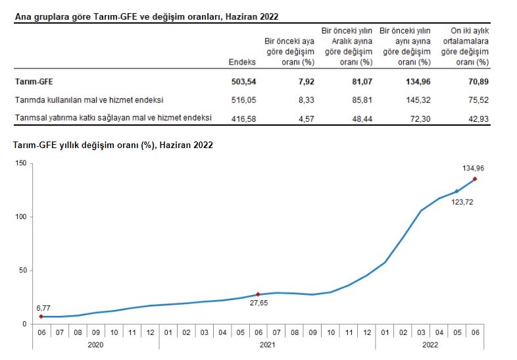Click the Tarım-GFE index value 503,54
(242, 82)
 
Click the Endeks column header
(241, 62)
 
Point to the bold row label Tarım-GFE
(34, 82)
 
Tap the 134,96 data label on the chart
(473, 168)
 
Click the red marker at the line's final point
(475, 179)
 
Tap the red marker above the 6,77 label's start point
(41, 317)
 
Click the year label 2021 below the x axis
(267, 344)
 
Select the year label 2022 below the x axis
(431, 344)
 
